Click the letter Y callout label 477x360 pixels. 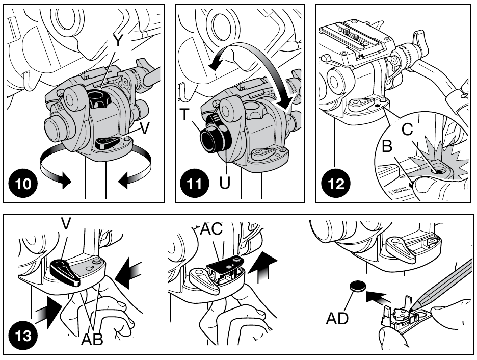(118, 42)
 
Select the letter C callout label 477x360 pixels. (407, 130)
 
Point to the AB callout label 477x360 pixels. (92, 339)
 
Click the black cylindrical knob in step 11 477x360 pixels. (214, 136)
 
